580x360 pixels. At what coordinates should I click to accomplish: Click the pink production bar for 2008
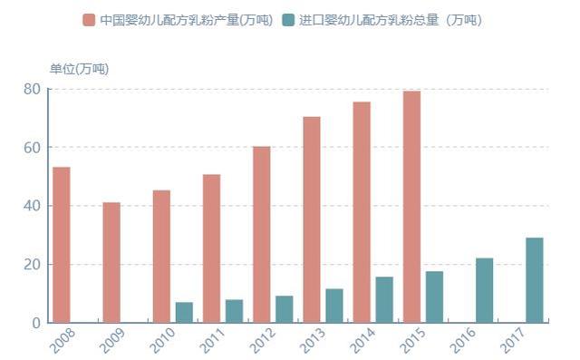click(62, 245)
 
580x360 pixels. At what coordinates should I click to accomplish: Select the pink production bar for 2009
click(111, 262)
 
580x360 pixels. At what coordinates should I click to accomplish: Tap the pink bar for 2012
click(262, 234)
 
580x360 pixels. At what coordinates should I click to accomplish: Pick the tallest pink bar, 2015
click(411, 207)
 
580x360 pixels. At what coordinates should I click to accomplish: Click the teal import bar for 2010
click(184, 312)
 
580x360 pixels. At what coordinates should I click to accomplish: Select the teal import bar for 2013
click(334, 306)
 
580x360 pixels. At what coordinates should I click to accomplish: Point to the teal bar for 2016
click(485, 290)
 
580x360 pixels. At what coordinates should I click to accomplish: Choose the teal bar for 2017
click(535, 280)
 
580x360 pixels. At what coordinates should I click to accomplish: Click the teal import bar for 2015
click(435, 297)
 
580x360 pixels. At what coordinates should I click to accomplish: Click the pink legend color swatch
click(89, 20)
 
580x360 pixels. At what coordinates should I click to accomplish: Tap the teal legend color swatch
click(288, 20)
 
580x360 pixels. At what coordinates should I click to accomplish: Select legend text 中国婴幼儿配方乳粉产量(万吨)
click(186, 20)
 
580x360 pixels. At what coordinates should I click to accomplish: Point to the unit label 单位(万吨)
click(79, 69)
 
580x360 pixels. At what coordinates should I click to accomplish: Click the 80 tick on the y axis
click(32, 89)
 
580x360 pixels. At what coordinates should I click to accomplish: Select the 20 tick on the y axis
click(32, 265)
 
